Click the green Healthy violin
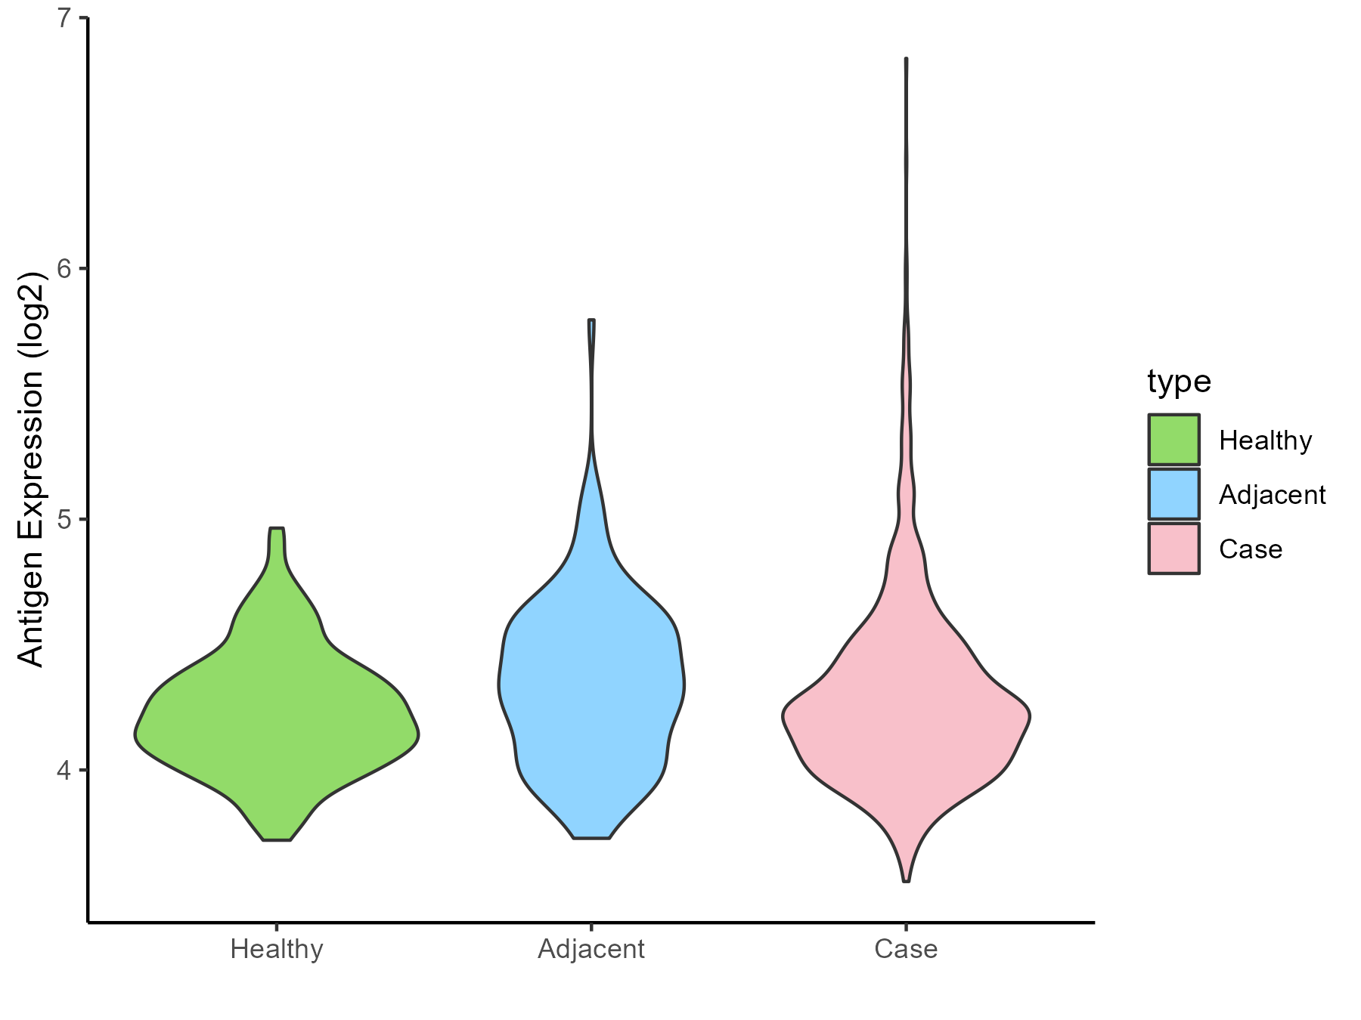tap(277, 725)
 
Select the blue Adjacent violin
tap(591, 680)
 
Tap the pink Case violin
tap(906, 718)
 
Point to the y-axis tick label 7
tap(65, 17)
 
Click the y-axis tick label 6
tap(65, 268)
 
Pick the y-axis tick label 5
tap(65, 519)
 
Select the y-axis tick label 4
tap(65, 770)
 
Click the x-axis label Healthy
tap(277, 949)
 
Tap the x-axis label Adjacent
tap(591, 949)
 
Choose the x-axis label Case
tap(906, 949)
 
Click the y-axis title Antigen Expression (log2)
tap(32, 468)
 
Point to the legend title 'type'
tap(1179, 382)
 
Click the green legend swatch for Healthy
tap(1173, 440)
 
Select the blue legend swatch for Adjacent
tap(1173, 494)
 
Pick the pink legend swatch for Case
tap(1173, 549)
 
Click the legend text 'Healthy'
tap(1265, 440)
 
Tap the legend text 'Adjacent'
tap(1272, 495)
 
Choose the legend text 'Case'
tap(1251, 549)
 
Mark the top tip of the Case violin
tap(906, 59)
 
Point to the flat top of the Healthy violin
tap(277, 529)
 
